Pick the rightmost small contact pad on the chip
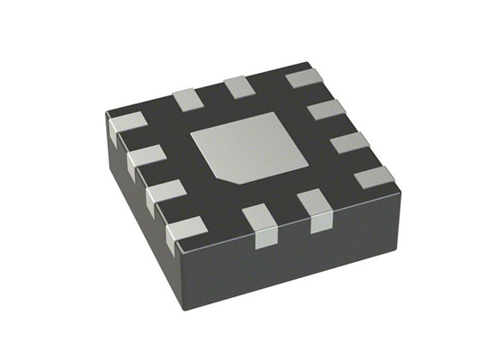(373, 176)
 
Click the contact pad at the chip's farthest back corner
(305, 78)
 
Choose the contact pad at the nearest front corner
(187, 230)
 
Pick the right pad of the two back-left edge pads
(239, 87)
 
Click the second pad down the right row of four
(326, 112)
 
